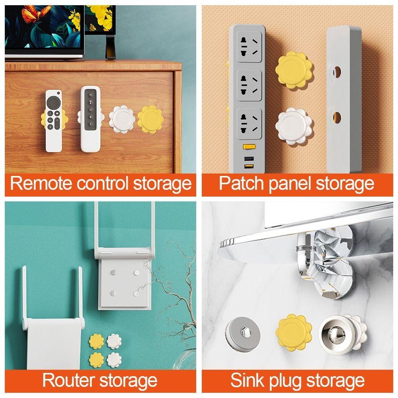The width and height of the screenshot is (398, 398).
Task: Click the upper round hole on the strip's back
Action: (337, 72)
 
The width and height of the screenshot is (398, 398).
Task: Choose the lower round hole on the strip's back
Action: (337, 118)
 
